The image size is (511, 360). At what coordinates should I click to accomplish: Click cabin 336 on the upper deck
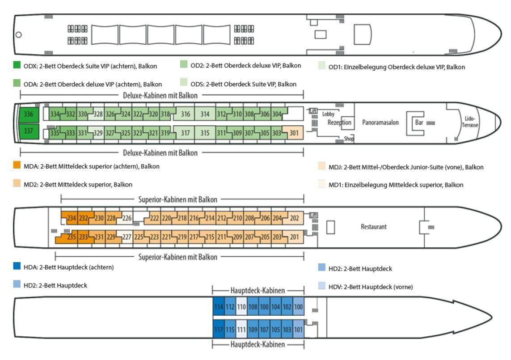click(x=28, y=114)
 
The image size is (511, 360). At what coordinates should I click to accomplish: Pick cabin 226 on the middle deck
click(x=127, y=218)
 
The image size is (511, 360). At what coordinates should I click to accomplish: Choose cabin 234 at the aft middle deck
click(x=71, y=218)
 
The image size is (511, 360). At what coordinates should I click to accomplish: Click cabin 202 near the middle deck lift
click(x=294, y=218)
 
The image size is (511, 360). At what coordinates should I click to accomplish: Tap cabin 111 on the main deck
click(x=241, y=329)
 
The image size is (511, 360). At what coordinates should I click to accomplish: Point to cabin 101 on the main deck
click(x=299, y=329)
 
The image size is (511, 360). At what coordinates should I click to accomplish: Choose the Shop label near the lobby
click(x=349, y=139)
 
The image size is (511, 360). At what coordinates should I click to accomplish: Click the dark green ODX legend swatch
click(x=17, y=66)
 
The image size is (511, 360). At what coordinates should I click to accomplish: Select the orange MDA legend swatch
click(x=17, y=166)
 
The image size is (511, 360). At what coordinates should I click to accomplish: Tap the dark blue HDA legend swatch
click(x=17, y=267)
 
